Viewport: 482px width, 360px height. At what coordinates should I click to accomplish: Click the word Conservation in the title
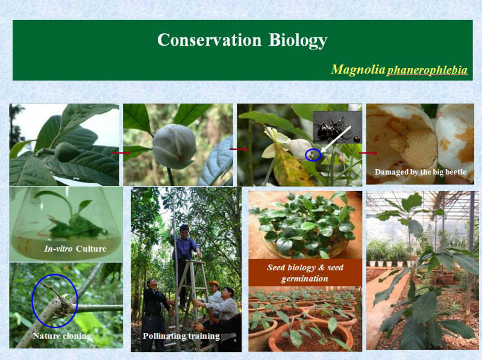(x=209, y=40)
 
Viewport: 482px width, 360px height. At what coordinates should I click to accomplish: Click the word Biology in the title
(x=298, y=40)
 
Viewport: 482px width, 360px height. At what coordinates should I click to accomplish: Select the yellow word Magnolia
(x=358, y=69)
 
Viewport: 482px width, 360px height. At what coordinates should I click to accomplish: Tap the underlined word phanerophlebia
(x=427, y=70)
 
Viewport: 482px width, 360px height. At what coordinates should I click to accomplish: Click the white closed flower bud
(x=174, y=147)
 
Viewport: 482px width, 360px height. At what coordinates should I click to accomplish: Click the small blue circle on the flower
(x=313, y=155)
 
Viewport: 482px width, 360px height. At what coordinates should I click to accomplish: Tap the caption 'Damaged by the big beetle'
(x=420, y=172)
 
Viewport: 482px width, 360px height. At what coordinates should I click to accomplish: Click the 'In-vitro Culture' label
(x=75, y=249)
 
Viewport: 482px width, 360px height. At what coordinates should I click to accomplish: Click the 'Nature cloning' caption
(x=62, y=336)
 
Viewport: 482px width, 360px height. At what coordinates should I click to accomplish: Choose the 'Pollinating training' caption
(x=181, y=336)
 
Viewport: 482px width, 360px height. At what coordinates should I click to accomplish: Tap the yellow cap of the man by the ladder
(x=214, y=283)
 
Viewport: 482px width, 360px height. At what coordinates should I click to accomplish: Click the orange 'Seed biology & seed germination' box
(x=305, y=273)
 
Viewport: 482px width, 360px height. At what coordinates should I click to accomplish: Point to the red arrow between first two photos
(x=121, y=153)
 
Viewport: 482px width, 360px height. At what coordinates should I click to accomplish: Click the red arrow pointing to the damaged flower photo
(x=368, y=153)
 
